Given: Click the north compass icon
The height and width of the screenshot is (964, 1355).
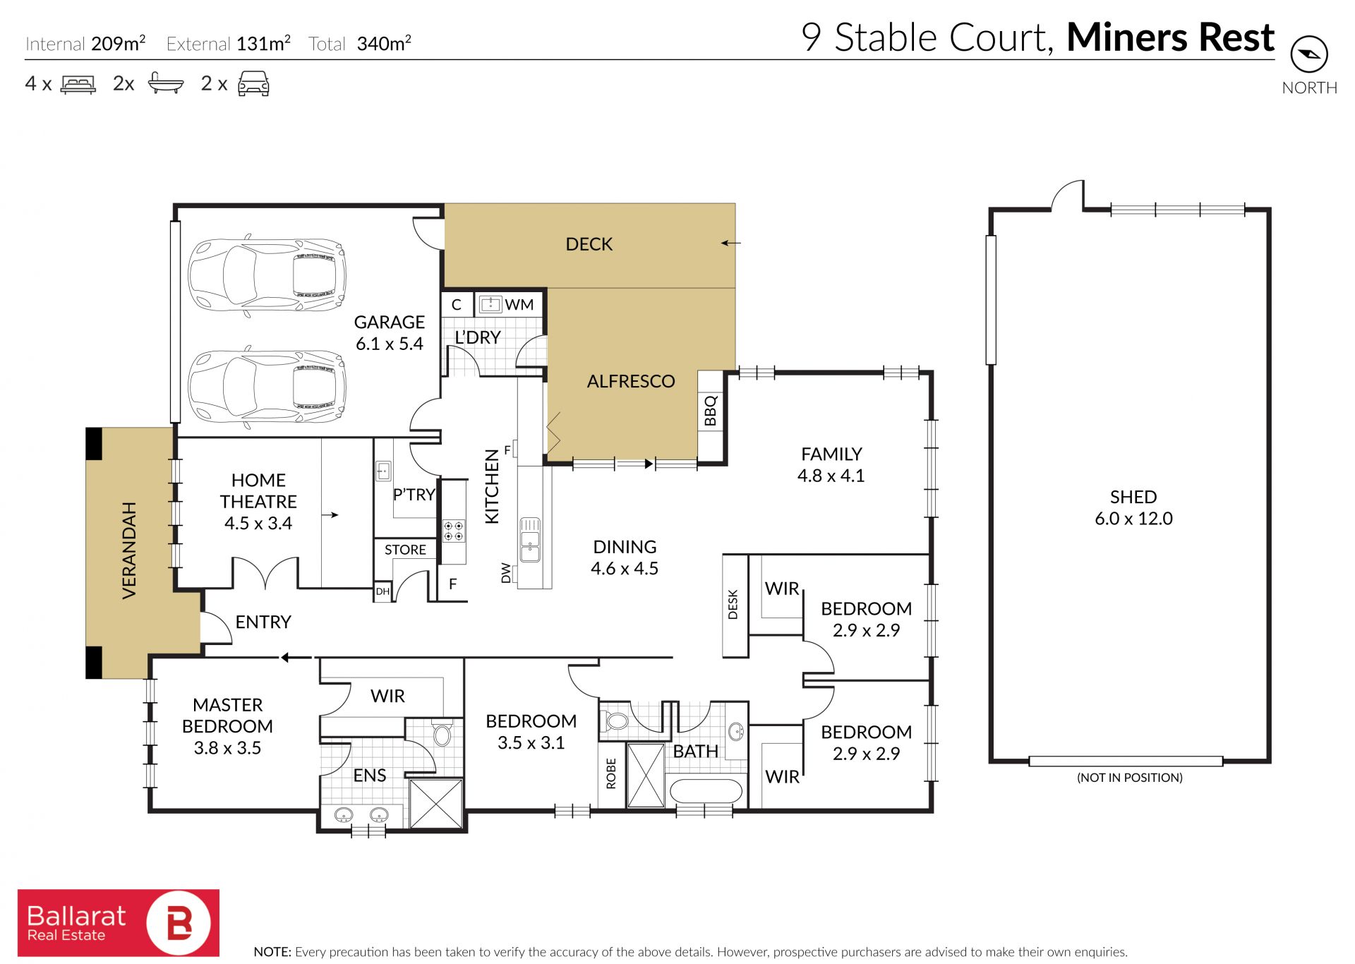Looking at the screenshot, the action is (1309, 54).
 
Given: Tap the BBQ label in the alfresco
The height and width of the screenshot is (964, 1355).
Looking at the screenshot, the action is (711, 411).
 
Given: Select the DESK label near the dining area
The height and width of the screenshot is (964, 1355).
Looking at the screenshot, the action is (733, 605).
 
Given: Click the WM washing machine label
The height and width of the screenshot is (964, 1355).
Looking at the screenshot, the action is (519, 305).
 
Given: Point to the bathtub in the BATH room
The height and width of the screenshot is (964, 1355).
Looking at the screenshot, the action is (706, 790).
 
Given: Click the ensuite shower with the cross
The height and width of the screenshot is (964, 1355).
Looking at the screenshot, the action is (436, 804).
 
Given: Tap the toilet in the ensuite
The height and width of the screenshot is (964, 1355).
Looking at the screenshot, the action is (442, 733).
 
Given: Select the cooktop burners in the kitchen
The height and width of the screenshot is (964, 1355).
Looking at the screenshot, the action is (453, 531).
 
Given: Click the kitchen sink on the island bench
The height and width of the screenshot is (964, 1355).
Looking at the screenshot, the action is (530, 540).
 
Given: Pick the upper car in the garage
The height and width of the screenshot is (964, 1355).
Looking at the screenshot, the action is (267, 274).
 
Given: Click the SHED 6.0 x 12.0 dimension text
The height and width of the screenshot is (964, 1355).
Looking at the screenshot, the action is (1133, 519).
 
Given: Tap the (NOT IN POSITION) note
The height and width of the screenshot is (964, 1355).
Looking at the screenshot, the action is (1129, 778).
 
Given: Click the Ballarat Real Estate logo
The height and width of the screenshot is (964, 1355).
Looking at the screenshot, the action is (119, 922).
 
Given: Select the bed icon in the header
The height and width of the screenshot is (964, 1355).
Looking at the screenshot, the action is (78, 85).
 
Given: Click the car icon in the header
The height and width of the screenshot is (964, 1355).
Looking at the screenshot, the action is (253, 83).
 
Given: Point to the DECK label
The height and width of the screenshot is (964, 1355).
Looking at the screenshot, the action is (589, 244).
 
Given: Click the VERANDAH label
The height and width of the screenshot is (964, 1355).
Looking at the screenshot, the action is (129, 550).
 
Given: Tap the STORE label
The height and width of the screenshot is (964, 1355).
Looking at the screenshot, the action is (405, 550).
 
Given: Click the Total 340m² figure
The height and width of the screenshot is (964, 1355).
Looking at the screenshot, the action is (360, 44).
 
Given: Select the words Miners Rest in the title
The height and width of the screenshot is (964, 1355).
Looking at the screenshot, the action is (1170, 37).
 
